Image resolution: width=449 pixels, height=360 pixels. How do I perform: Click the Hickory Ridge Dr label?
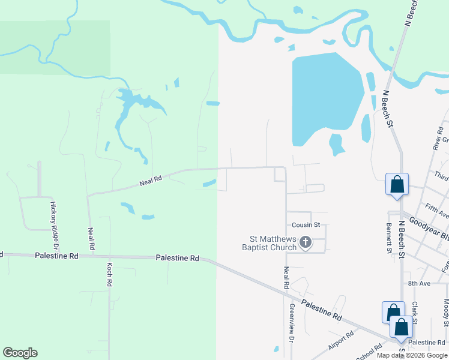pos(53,226)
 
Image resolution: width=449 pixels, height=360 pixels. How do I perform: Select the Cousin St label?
pos(306,225)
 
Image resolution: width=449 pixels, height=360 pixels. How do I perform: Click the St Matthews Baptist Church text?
pos(270,243)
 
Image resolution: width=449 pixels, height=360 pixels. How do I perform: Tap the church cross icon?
pos(305,243)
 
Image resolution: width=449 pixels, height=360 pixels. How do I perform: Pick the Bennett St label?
pos(389,238)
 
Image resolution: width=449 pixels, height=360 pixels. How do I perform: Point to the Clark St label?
pos(414,308)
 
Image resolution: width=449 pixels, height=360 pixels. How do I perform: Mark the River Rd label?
pos(437,139)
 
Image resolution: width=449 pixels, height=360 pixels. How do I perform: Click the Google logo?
pos(20,353)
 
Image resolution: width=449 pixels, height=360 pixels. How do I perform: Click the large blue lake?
pos(324,96)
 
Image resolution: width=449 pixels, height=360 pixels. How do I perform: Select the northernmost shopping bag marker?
pos(397,184)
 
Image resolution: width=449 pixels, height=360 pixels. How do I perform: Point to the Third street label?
pos(441,177)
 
